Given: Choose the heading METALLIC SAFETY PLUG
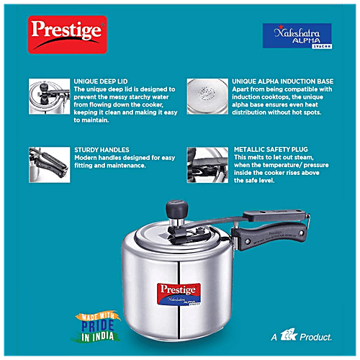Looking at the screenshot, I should (x=271, y=150).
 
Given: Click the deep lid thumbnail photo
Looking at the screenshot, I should (x=47, y=99).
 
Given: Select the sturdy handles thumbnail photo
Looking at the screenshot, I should (x=47, y=163).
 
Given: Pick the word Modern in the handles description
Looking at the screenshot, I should (x=87, y=158).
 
